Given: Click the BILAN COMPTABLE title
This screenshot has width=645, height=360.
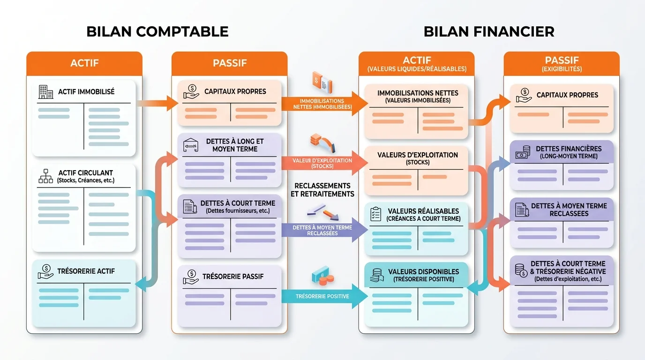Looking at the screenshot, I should (x=157, y=31).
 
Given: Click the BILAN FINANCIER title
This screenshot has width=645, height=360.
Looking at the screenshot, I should (x=489, y=31).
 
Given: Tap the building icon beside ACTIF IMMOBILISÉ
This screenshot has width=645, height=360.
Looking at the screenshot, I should (x=45, y=92).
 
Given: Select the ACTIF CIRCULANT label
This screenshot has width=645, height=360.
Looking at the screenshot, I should (x=85, y=173).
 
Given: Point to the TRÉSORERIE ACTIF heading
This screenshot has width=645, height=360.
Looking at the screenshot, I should (x=86, y=271).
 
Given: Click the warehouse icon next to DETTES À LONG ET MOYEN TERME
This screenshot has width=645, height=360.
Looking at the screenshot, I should (x=190, y=145).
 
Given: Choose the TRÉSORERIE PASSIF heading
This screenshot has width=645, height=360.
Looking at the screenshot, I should (x=233, y=277).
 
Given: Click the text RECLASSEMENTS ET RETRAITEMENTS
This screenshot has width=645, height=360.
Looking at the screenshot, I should (x=322, y=190).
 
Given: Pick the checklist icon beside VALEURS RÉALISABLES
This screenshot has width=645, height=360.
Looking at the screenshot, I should (x=376, y=214).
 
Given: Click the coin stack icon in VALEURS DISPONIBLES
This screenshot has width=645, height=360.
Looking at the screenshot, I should (x=376, y=275).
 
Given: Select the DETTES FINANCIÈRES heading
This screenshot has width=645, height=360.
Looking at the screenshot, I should (x=569, y=149).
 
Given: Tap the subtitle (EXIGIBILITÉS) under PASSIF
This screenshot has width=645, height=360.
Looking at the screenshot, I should (x=561, y=69).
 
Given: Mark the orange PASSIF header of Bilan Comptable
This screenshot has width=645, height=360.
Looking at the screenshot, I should (x=229, y=63).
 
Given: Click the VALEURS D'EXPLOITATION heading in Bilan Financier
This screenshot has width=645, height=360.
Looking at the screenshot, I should (x=417, y=155).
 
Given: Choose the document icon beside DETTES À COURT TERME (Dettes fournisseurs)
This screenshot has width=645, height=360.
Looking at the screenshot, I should (x=189, y=207).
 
